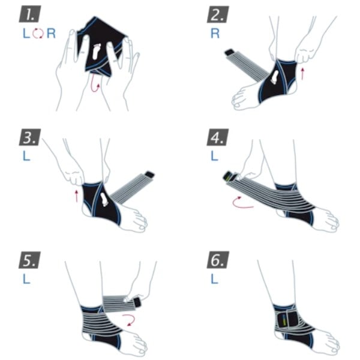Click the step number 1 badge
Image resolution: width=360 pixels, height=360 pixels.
click(30, 14)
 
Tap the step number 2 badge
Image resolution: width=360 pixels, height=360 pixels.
click(218, 14)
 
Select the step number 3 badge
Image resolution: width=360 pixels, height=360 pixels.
click(30, 137)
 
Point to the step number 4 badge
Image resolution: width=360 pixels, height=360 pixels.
click(218, 137)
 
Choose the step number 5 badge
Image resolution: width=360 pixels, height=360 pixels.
click(30, 260)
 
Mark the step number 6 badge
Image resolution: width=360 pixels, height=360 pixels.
click(218, 260)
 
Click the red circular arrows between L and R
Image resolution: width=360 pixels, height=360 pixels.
click(38, 33)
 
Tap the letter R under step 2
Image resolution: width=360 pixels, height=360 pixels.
click(215, 34)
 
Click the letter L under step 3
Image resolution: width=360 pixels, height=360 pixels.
click(26, 156)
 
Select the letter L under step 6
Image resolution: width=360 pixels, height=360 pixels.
click(214, 279)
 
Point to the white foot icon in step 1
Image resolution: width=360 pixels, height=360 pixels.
click(96, 52)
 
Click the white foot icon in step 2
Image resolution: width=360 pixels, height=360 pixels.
click(274, 77)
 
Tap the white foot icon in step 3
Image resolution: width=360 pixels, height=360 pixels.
click(104, 199)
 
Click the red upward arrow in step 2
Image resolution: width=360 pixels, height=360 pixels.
click(302, 73)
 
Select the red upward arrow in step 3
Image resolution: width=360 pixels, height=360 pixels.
click(77, 196)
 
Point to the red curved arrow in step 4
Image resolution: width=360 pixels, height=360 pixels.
click(241, 203)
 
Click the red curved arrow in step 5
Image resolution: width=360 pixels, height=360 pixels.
click(130, 320)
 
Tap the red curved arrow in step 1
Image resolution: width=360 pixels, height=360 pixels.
click(94, 84)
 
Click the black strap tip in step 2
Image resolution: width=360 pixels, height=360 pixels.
click(230, 53)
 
